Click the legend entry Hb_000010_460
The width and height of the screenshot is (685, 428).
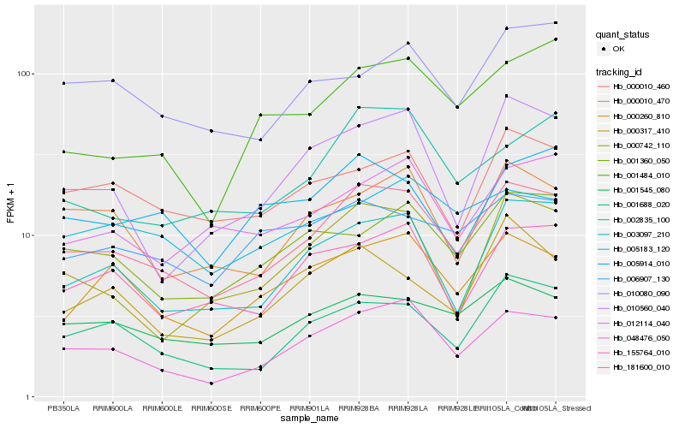640,86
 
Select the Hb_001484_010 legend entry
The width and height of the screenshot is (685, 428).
640,175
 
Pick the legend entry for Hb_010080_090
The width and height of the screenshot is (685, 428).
640,293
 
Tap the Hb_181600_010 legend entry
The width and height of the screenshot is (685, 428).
640,366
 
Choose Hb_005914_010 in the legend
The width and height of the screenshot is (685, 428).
640,263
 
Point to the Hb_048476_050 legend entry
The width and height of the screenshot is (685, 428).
640,337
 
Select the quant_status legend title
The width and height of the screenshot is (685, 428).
623,34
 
